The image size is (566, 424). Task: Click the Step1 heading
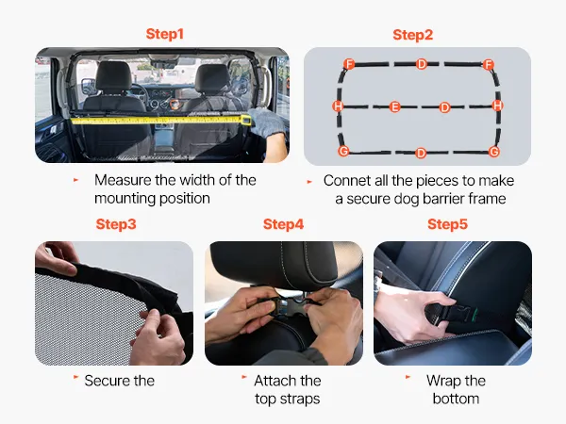point(164,34)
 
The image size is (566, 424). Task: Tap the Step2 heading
point(412,35)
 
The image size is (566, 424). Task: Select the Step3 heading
point(116,224)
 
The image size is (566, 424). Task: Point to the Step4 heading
point(283,224)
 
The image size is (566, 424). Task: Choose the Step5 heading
point(447,224)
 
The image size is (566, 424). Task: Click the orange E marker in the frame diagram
point(394,106)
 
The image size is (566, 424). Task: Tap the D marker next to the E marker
point(444,107)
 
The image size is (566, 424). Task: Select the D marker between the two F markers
point(422,64)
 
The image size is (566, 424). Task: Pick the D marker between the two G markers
point(421,153)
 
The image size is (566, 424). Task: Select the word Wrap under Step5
point(443,381)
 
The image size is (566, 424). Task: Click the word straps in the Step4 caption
point(298,400)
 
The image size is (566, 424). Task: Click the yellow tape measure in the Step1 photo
point(161,121)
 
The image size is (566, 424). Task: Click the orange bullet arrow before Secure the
point(75,377)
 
